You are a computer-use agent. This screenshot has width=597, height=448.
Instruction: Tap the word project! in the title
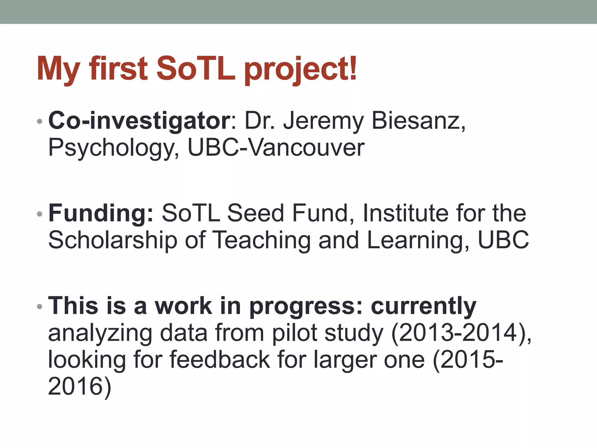click(300, 70)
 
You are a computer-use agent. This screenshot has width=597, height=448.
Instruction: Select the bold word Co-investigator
click(139, 121)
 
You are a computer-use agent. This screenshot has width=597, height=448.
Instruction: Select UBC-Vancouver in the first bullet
click(276, 148)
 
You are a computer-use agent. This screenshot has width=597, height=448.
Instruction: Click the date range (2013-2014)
click(461, 333)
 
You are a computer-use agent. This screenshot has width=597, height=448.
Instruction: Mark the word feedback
click(220, 360)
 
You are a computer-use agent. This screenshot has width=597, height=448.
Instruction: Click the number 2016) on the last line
click(79, 386)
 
